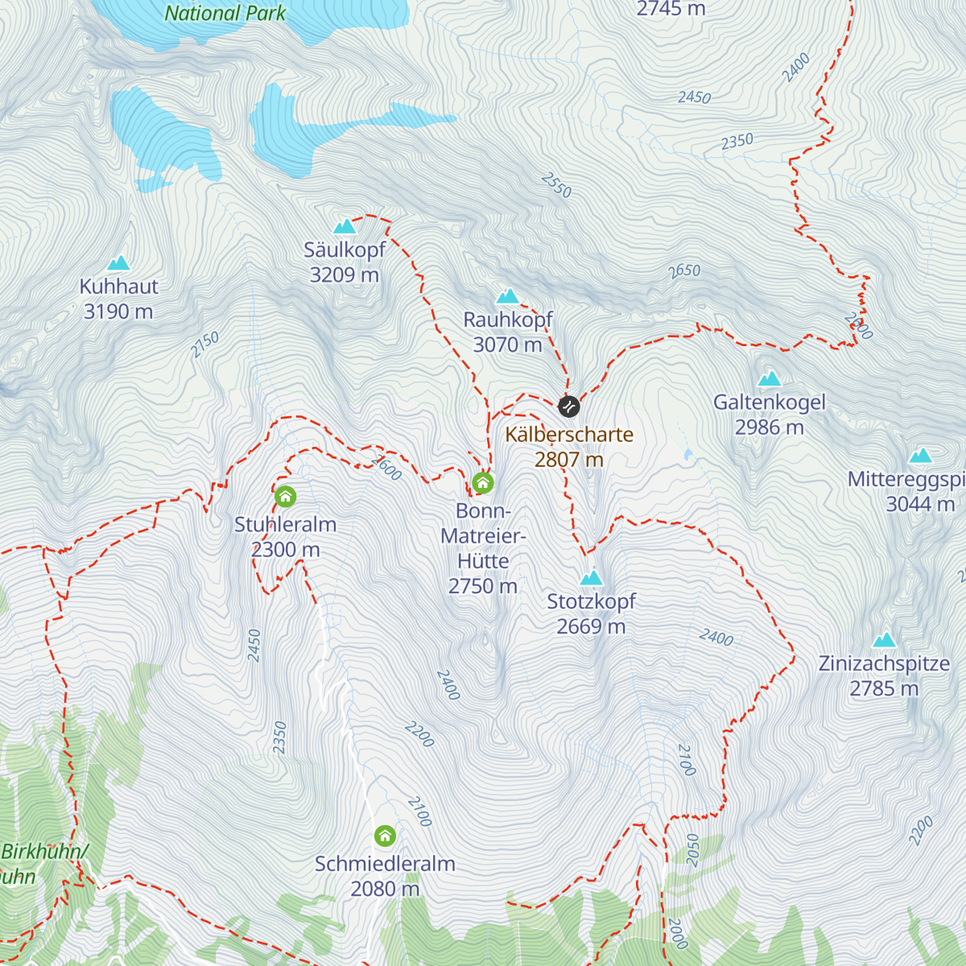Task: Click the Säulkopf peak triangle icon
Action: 345,227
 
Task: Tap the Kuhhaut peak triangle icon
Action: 118,263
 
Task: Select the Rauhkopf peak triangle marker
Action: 507,296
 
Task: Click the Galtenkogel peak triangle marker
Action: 770,378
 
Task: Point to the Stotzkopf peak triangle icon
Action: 592,578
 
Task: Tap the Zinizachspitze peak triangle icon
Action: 885,641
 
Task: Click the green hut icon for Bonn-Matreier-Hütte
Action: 482,483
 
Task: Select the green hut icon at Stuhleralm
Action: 285,497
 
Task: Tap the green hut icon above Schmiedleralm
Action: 385,836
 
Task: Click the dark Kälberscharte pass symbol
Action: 569,407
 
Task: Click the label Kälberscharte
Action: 569,435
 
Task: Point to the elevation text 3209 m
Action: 345,275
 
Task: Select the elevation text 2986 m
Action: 770,427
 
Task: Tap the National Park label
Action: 225,13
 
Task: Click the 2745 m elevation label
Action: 671,10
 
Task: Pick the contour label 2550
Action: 556,186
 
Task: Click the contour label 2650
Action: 684,271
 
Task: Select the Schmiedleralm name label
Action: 385,864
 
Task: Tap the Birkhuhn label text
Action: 44,852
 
